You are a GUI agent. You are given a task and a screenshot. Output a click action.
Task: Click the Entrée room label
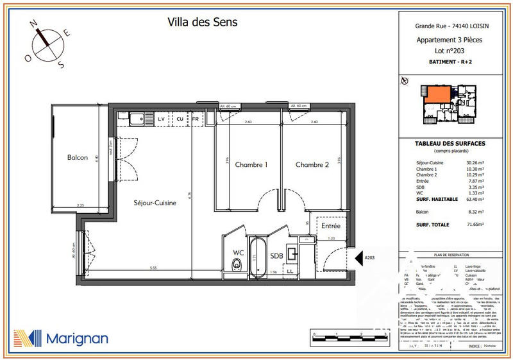pyautogui.click(x=331, y=227)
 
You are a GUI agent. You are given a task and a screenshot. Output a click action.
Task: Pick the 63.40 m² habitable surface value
pyautogui.click(x=475, y=200)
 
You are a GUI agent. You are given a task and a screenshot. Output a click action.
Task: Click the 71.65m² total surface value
pyautogui.click(x=475, y=225)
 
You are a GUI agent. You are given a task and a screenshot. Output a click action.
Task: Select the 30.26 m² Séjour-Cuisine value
pyautogui.click(x=475, y=164)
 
